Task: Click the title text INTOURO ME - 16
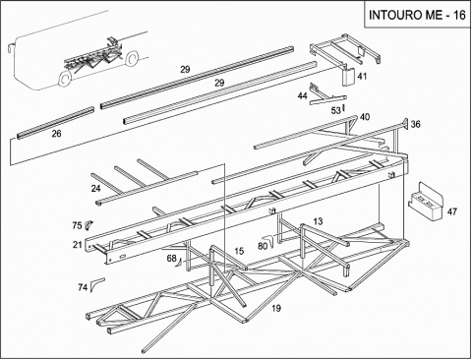pos(417,15)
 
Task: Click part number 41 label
pos(362,77)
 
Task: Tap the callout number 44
pos(302,96)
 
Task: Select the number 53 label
pos(335,111)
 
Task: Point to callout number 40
pos(365,117)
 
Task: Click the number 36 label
pos(415,124)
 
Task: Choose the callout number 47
pos(452,211)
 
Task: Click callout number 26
pos(56,134)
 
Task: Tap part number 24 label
pos(96,189)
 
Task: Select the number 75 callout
pos(77,225)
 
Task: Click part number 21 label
pos(78,245)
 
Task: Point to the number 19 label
pos(276,308)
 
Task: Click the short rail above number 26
pos(55,123)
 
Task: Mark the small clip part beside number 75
pos(88,225)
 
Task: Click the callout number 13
pos(318,221)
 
